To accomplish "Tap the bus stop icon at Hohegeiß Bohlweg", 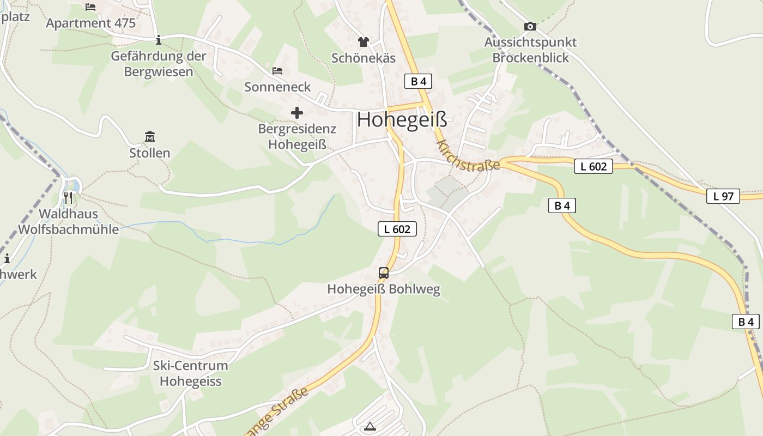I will (x=384, y=272).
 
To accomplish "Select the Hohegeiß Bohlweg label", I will (x=384, y=289).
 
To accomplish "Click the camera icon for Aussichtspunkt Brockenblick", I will (x=530, y=26).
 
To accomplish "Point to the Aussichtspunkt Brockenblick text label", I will (x=530, y=50).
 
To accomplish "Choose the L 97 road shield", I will (x=723, y=196).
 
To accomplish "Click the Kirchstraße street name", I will (x=468, y=156).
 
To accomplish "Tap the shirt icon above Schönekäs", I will (x=364, y=42).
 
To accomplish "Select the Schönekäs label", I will (x=364, y=58).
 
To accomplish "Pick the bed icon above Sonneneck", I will (x=277, y=71).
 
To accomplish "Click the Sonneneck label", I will (x=277, y=87).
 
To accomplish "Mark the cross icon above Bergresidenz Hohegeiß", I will (x=297, y=113).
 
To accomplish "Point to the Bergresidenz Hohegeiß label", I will (x=297, y=137).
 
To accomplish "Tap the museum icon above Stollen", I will (x=150, y=136).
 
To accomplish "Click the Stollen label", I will (x=150, y=153).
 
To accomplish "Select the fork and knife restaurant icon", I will (x=68, y=197).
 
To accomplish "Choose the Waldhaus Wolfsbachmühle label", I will (x=68, y=221).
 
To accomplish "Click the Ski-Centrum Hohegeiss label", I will (x=190, y=373).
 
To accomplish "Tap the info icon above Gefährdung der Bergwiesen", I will (x=159, y=40).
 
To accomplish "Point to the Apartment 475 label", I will (x=90, y=23).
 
